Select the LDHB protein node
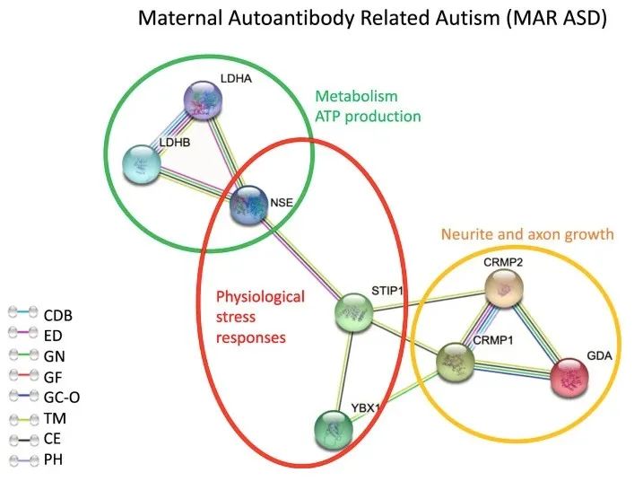point(143,162)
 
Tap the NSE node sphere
point(248,204)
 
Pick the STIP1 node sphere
point(352,313)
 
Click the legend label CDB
point(58,315)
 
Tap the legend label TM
point(55,418)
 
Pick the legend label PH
point(53,459)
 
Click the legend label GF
point(52,377)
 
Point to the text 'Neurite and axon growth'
point(527,235)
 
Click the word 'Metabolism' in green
point(356,96)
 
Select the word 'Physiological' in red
point(259,297)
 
